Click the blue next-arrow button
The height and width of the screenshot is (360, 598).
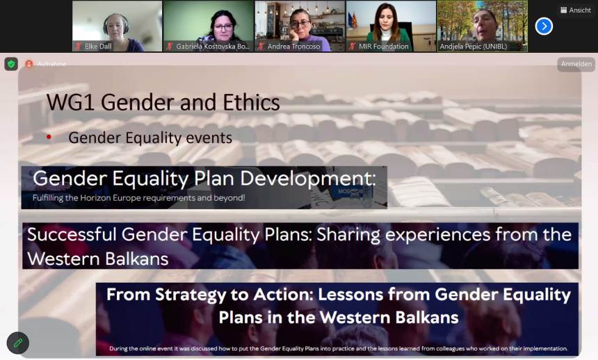pos(544,26)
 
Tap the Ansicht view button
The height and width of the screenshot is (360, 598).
pos(576,10)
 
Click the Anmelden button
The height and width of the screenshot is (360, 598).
pos(576,64)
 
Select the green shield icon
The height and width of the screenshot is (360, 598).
pos(11,64)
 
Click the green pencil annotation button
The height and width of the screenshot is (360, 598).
pos(18,343)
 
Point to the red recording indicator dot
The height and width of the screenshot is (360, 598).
pos(29,64)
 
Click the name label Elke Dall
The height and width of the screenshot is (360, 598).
pos(98,47)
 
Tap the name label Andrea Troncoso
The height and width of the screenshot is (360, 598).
pos(293,47)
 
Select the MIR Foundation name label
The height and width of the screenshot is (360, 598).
pos(384,47)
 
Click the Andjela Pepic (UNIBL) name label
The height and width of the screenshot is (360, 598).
pos(474,47)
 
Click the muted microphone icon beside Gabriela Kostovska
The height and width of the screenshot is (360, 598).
pos(170,47)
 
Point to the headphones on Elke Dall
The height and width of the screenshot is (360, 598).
pos(115,23)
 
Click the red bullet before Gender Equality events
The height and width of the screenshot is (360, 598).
pos(49,137)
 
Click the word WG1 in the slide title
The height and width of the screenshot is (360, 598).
pos(70,102)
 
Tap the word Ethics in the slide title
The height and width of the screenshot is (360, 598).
pos(251,102)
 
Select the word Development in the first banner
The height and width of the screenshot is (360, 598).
pos(308,179)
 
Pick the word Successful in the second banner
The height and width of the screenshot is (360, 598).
pos(72,234)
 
